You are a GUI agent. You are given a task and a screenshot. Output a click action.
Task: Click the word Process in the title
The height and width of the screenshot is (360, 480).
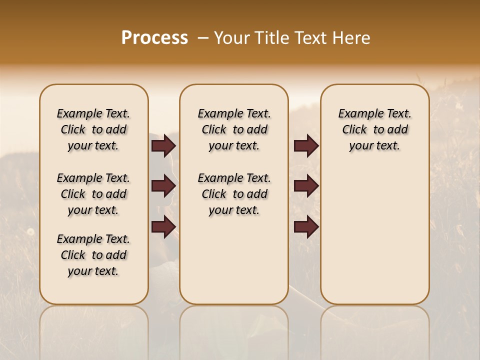point(154,38)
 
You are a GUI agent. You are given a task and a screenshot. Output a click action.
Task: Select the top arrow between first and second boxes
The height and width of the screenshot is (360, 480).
point(163,146)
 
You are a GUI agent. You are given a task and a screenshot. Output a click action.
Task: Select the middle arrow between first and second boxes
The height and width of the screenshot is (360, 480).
point(163,186)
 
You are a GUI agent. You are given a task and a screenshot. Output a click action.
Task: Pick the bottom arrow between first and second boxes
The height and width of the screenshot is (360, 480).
point(163,227)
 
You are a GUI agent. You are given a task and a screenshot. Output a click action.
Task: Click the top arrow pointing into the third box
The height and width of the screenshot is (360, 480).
point(306,146)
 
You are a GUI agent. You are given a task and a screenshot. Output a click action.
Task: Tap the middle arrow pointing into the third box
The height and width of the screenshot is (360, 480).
point(306,186)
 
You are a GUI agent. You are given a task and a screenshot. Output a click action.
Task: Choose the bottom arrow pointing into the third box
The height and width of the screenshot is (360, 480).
point(306,227)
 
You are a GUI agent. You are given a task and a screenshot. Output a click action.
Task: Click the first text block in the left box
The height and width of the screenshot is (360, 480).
point(93,129)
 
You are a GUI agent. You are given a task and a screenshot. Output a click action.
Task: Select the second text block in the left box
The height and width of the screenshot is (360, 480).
point(93,194)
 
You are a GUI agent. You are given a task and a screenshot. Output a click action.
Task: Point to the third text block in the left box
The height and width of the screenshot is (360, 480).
point(93,255)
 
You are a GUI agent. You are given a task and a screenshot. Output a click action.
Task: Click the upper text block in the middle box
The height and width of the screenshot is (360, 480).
point(234,129)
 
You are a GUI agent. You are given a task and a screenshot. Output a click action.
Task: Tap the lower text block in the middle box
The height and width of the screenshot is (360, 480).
point(234,194)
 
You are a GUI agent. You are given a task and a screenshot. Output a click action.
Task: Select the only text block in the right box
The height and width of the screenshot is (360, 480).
point(374,129)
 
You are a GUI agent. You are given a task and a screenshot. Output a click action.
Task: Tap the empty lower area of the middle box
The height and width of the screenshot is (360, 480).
point(234,260)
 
